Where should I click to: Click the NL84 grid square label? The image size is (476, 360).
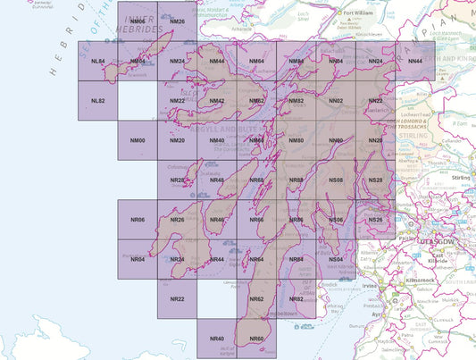pos(98,61)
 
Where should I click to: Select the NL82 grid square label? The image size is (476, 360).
pos(98,101)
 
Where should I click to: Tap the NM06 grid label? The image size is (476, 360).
pos(138,21)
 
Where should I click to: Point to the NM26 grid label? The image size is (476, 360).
pos(177,21)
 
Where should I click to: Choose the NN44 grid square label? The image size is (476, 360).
pos(414,61)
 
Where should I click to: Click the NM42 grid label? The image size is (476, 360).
pos(216,101)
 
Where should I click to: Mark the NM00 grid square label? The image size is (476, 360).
pos(138,141)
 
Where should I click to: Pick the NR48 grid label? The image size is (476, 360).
pos(216,180)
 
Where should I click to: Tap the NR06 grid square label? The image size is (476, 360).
pos(138,220)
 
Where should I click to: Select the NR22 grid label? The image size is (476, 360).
pos(177,298)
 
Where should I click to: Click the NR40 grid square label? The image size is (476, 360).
pos(216,339)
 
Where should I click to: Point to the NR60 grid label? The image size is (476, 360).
pos(256,339)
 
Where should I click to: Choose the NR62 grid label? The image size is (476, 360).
pos(256,298)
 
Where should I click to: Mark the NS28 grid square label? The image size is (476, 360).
pos(375,180)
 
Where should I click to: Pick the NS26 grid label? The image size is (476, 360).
pos(375,220)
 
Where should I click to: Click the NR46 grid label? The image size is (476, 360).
pos(216,220)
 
